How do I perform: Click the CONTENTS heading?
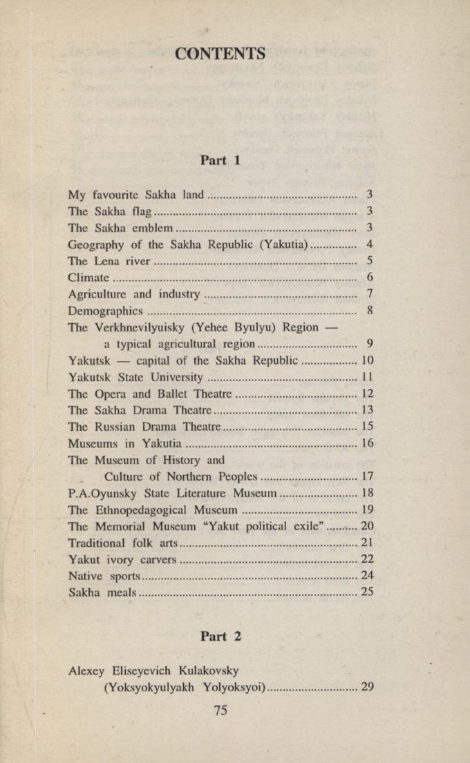pyautogui.click(x=220, y=53)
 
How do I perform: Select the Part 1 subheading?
pyautogui.click(x=220, y=160)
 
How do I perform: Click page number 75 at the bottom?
pyautogui.click(x=220, y=709)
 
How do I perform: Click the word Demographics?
pyautogui.click(x=106, y=311)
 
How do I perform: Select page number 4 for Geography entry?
pyautogui.click(x=370, y=244)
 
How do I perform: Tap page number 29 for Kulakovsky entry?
pyautogui.click(x=367, y=686)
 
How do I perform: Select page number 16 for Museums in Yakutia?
pyautogui.click(x=367, y=444)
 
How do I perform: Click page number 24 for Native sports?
pyautogui.click(x=367, y=576)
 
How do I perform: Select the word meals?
pyautogui.click(x=119, y=593)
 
